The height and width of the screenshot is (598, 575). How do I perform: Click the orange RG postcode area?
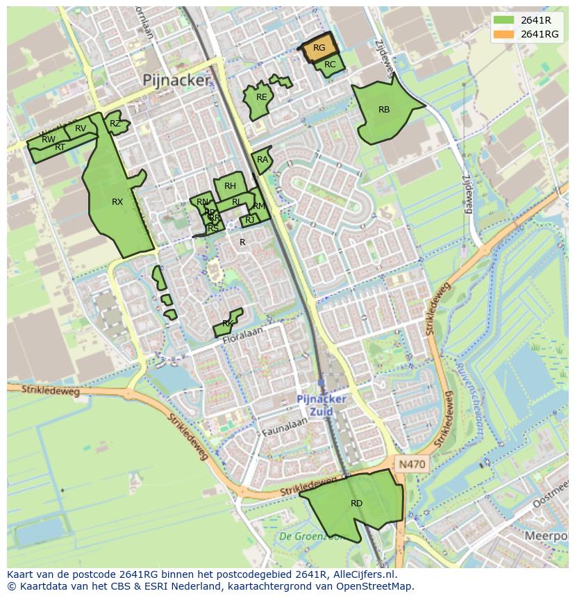319,48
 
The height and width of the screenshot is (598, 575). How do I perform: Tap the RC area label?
330,65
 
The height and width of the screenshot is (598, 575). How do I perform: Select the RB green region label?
384,110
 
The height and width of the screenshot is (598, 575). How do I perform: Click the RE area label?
261,97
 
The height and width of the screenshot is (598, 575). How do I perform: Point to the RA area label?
262,160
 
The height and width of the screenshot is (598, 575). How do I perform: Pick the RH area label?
230,186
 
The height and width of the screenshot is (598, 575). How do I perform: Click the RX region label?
117,202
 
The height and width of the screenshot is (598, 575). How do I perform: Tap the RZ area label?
115,124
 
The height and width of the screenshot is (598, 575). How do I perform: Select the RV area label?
81,128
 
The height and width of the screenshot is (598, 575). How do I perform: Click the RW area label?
49,140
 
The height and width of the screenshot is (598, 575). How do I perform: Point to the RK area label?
228,324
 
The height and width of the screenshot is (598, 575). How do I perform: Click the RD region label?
356,504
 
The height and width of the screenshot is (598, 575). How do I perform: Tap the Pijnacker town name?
176,81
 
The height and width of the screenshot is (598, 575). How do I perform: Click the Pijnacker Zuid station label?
321,405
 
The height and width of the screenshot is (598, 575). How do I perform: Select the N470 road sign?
412,463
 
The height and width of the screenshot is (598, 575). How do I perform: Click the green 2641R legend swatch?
504,20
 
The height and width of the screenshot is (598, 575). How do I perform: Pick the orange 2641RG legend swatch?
504,34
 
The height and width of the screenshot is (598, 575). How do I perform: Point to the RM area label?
259,206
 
